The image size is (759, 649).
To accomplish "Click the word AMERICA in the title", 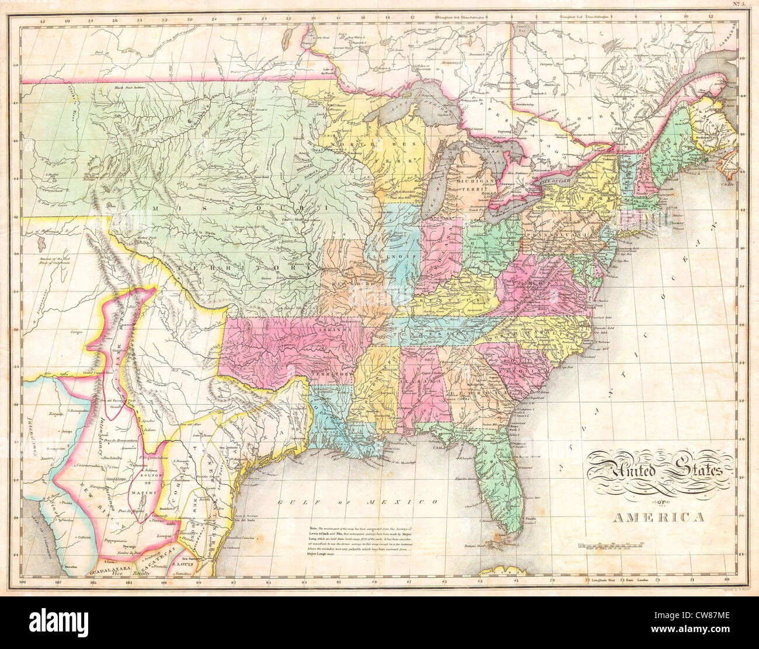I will pyautogui.click(x=658, y=516).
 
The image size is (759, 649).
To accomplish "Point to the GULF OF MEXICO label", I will pyautogui.click(x=357, y=502).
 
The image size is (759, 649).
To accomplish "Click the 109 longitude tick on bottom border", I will pyautogui.click(x=23, y=582).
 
